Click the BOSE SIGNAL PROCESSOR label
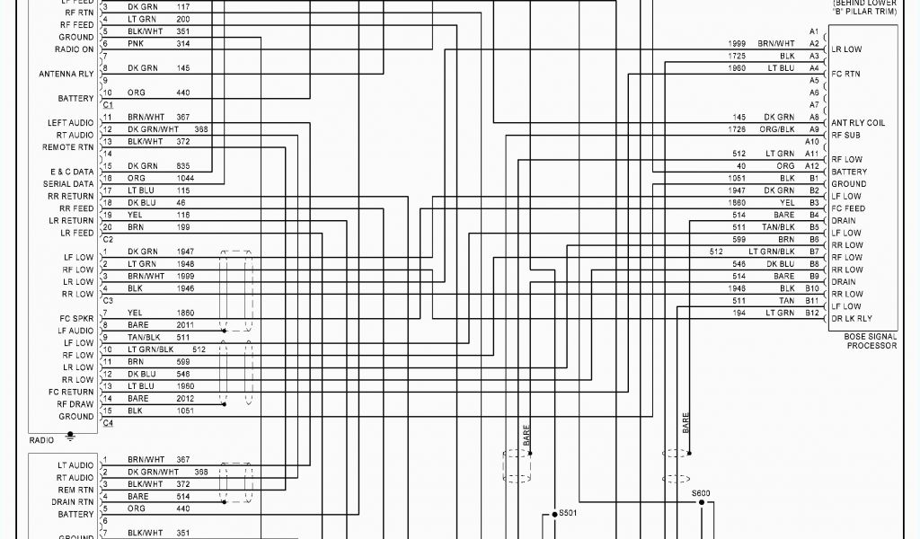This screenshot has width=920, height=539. tap(871, 340)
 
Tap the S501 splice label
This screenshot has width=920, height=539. tap(567, 513)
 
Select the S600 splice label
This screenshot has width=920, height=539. tap(701, 492)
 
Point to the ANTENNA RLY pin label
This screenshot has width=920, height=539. tap(66, 74)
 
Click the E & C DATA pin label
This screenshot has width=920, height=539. tap(71, 172)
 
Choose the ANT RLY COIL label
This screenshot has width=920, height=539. tap(858, 123)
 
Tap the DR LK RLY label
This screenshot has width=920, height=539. tap(852, 318)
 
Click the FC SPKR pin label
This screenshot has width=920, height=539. tap(76, 318)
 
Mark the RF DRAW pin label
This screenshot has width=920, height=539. tap(76, 404)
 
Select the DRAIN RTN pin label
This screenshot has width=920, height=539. tap(73, 502)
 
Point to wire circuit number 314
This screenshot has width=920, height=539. tap(183, 43)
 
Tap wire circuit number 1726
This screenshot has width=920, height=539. tap(738, 129)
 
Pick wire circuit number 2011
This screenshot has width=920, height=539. tap(185, 324)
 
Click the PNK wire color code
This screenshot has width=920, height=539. tap(136, 43)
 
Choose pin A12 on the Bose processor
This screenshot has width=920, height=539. tap(812, 166)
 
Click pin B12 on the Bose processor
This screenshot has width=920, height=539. tap(812, 313)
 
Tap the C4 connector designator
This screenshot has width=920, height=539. tap(108, 423)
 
